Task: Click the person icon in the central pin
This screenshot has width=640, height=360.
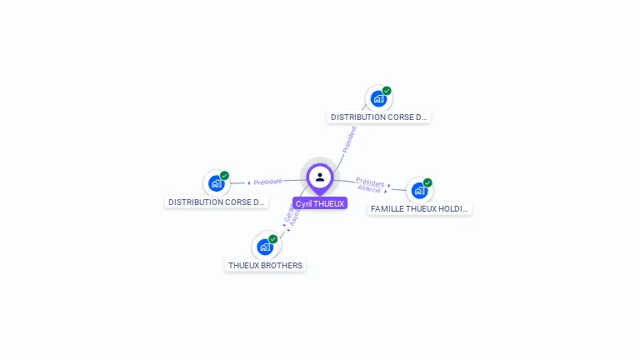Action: point(320,177)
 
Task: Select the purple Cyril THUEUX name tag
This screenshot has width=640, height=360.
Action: point(320,203)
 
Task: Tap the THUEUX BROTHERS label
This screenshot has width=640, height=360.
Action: point(265,266)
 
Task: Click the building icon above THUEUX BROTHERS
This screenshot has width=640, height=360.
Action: point(265,247)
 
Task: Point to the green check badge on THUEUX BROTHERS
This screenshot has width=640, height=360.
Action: point(273,239)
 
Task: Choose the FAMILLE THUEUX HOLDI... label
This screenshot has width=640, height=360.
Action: point(420,209)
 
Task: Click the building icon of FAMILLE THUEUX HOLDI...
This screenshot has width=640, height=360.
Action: point(419,190)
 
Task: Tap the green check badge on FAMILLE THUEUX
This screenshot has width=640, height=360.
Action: point(427,182)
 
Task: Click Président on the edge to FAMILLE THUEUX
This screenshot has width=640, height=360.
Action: point(370,182)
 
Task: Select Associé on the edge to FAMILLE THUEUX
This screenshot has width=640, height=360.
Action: point(369,189)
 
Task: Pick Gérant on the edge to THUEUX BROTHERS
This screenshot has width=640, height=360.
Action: point(288,214)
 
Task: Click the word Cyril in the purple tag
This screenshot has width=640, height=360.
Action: point(304,203)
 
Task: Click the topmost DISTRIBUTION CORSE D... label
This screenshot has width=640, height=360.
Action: point(379,117)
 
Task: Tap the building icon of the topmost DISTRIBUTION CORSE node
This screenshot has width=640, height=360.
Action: point(378,98)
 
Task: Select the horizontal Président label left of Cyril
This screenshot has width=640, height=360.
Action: point(268,182)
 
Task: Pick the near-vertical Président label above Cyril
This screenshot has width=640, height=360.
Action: point(349,139)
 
